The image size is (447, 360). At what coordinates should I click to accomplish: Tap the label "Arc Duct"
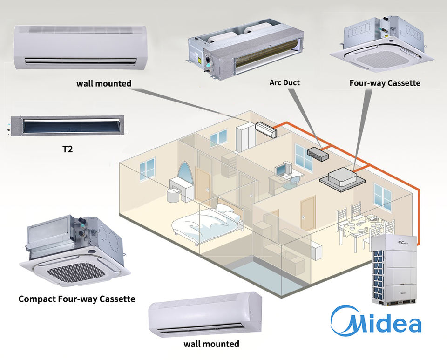click(x=284, y=82)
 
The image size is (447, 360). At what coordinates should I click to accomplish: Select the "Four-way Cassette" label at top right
click(x=385, y=83)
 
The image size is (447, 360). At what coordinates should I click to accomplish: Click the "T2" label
click(x=68, y=149)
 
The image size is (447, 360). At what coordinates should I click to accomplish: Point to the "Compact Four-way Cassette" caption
click(x=77, y=299)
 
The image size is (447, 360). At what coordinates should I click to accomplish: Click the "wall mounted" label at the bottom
click(x=211, y=344)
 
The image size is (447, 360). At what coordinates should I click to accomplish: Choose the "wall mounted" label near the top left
click(x=104, y=83)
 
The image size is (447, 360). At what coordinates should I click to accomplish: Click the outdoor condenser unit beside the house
click(x=394, y=270)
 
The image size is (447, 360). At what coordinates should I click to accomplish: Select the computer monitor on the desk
click(x=280, y=170)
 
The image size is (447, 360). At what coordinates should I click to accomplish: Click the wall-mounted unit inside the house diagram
click(x=266, y=129)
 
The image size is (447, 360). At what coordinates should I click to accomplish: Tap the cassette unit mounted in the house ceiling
click(x=342, y=180)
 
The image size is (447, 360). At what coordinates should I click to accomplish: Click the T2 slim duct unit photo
click(x=67, y=126)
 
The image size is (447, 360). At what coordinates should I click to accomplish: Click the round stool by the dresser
click(x=173, y=196)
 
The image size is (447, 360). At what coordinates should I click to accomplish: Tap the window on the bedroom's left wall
click(x=147, y=170)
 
